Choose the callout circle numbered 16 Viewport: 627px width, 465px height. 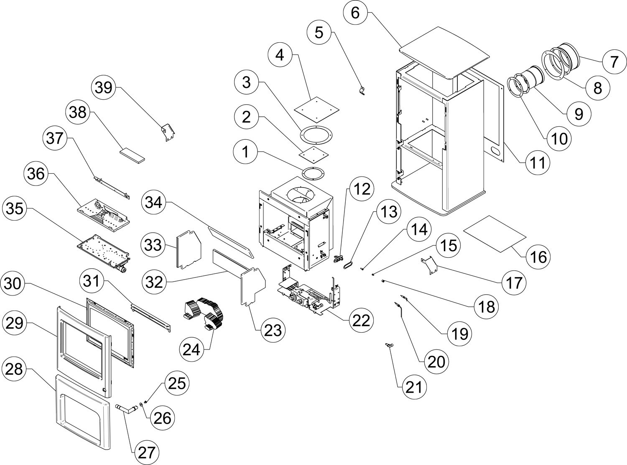click(x=539, y=257)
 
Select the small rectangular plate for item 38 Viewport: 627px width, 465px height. click(x=132, y=154)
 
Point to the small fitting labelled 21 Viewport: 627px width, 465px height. click(x=390, y=345)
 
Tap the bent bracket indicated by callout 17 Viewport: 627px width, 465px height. click(x=429, y=264)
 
